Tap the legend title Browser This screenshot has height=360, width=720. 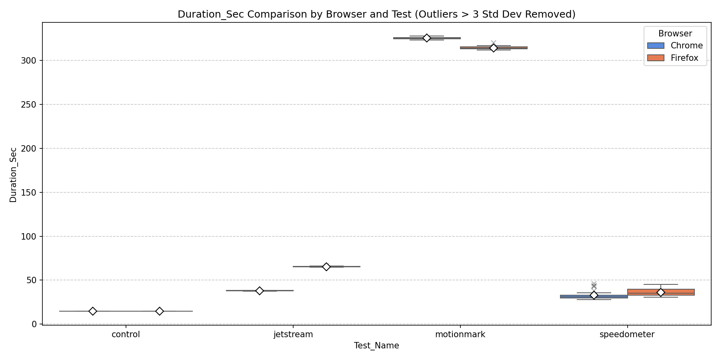[675, 34]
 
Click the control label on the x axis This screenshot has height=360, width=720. [126, 335]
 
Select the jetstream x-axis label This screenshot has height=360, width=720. [293, 335]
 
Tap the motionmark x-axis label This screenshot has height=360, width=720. [460, 335]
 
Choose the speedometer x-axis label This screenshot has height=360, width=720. [627, 335]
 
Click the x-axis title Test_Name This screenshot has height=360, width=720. [376, 346]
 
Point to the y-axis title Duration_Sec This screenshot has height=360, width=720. [13, 175]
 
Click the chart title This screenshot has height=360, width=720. [376, 14]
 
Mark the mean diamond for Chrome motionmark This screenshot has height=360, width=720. [426, 38]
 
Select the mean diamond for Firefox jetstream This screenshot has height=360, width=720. [326, 267]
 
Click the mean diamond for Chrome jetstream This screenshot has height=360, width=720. [260, 291]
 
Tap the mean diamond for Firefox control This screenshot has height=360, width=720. [160, 311]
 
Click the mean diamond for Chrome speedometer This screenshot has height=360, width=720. [594, 295]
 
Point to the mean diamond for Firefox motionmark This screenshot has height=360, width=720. [494, 48]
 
